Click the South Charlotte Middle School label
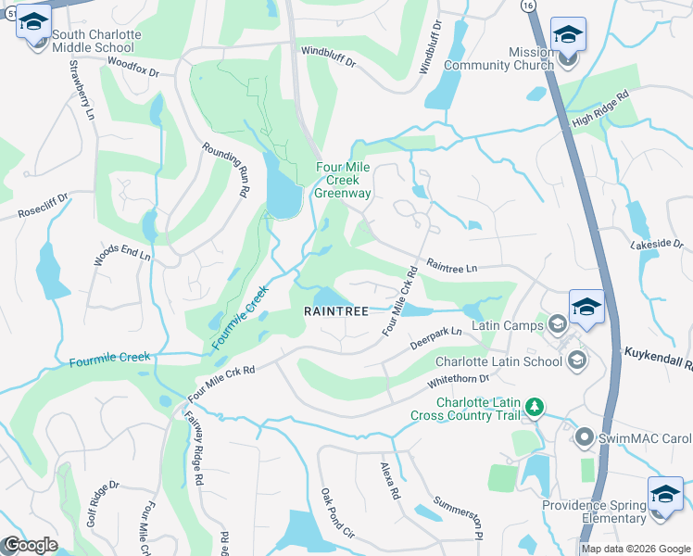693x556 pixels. pos(96,41)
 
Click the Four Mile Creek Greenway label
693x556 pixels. pos(343,180)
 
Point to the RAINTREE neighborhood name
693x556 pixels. pos(337,312)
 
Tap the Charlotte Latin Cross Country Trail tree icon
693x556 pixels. pos(534,406)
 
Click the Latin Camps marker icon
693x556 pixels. pos(557,323)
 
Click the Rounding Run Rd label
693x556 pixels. pos(227,169)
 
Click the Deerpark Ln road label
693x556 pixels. pos(444,335)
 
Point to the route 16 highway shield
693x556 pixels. pos(527,5)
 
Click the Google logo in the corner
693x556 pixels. pos(30,545)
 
